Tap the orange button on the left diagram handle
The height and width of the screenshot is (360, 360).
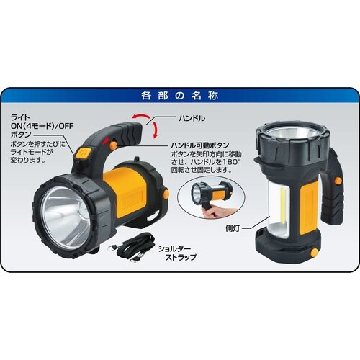(83, 152)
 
